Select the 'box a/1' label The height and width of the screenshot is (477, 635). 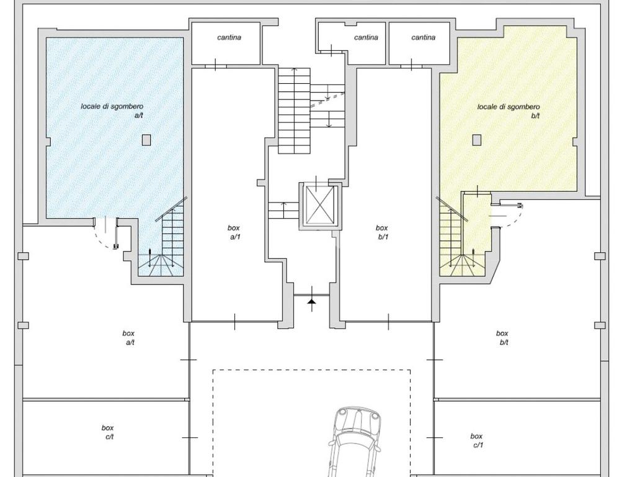click(234, 232)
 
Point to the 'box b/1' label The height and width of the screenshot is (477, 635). click(382, 232)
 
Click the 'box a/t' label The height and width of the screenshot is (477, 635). click(129, 338)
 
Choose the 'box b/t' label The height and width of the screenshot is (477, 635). click(502, 338)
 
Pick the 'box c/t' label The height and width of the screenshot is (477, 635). click(108, 432)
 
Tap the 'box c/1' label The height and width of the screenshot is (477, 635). click(477, 440)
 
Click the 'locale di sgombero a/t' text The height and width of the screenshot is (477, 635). click(112, 111)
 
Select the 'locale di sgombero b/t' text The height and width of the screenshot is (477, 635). click(508, 111)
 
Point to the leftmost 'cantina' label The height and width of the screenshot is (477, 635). click(229, 38)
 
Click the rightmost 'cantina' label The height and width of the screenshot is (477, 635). click(423, 38)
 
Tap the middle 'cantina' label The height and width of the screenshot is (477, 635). click(366, 38)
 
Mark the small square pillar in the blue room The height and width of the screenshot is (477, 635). click(146, 140)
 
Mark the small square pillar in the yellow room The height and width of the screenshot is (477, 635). click(477, 140)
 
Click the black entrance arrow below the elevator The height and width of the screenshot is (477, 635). click(311, 301)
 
